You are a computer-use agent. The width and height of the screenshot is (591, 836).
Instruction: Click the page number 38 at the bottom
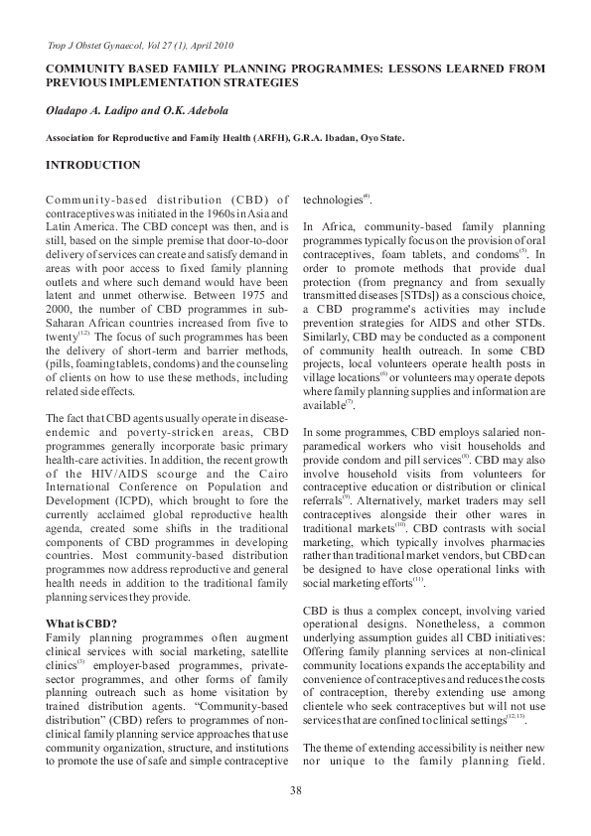(x=295, y=789)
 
